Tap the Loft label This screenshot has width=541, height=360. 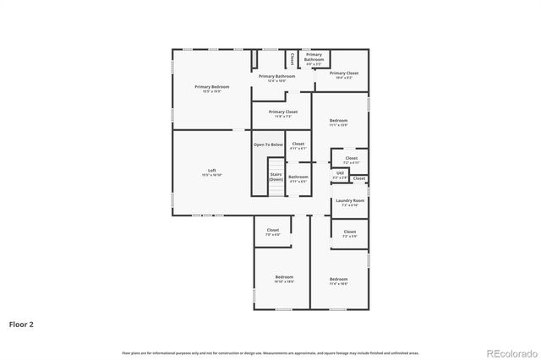click(212, 172)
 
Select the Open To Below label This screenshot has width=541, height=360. click(268, 145)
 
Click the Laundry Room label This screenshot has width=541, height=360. click(349, 203)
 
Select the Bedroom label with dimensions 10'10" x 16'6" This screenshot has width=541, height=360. click(284, 279)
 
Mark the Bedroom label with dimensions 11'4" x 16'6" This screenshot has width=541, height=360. click(338, 281)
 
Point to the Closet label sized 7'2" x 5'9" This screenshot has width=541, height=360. click(349, 234)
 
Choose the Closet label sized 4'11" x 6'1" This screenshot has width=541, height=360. click(298, 146)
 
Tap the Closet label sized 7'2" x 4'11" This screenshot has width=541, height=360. click(351, 160)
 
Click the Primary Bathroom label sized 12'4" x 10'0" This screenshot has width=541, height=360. click(277, 79)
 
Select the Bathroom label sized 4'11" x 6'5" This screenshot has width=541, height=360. click(298, 179)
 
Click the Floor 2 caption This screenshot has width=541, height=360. click(21, 324)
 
